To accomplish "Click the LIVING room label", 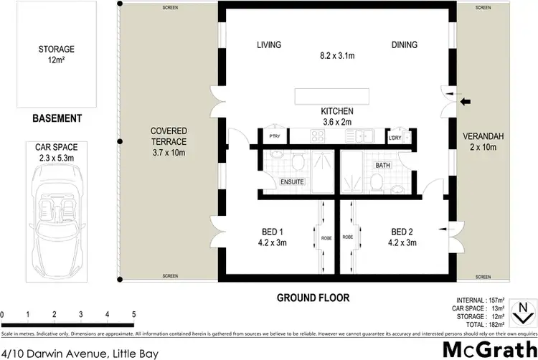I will coord(269,44).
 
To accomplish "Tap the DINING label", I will coord(405,44).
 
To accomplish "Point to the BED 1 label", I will coord(271,231).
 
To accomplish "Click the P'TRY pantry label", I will coord(274,136).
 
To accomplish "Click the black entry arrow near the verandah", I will coord(466,101).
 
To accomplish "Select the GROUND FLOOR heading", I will coord(337,296).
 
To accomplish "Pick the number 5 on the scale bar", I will coord(133,314).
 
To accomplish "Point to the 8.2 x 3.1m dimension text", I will coord(336,54).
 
